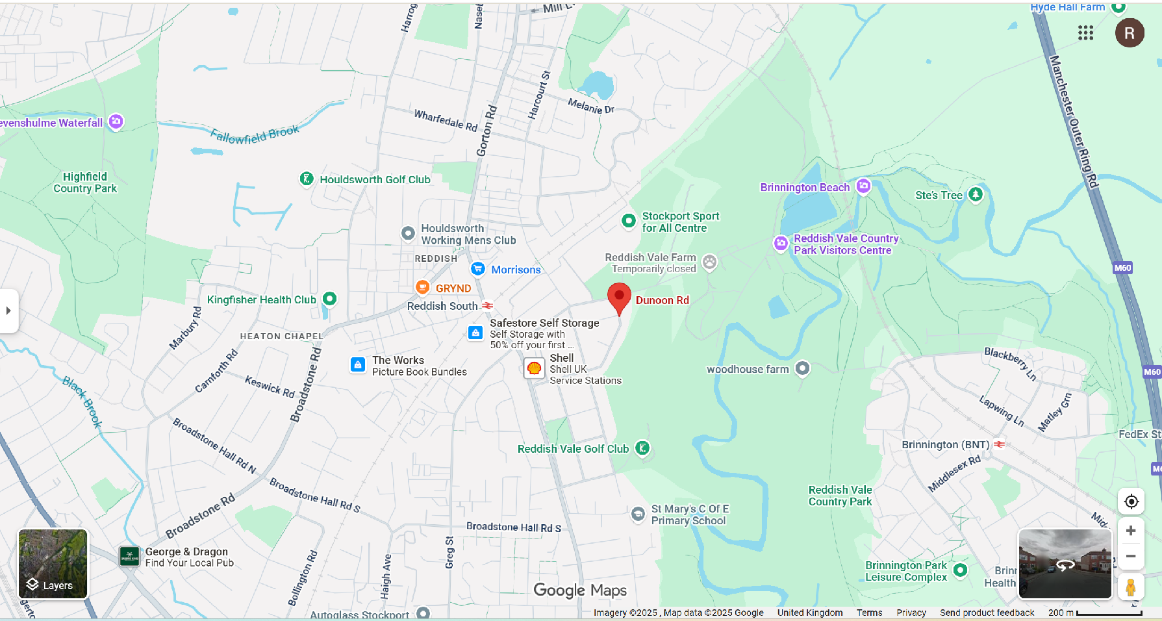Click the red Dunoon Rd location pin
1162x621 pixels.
pos(619,298)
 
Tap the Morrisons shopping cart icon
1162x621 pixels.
pos(478,269)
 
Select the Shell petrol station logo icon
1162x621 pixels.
pos(534,368)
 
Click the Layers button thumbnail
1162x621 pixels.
pos(53,563)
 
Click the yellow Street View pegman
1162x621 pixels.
pos(1130,587)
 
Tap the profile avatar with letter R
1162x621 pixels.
pos(1129,33)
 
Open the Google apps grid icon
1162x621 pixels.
pos(1085,33)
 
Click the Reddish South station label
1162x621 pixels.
pos(442,306)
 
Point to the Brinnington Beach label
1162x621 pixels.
pos(805,187)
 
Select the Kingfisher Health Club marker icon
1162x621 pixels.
pos(330,299)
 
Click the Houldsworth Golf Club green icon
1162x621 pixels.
pos(307,179)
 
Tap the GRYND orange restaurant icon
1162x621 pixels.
pos(422,287)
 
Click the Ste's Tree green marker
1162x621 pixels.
pos(976,194)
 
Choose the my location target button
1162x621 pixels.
pos(1131,501)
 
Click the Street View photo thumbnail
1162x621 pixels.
pos(1065,563)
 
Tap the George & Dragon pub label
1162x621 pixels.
pos(186,551)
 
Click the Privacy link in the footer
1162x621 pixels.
pos(911,613)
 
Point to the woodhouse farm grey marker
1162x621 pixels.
pos(802,368)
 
